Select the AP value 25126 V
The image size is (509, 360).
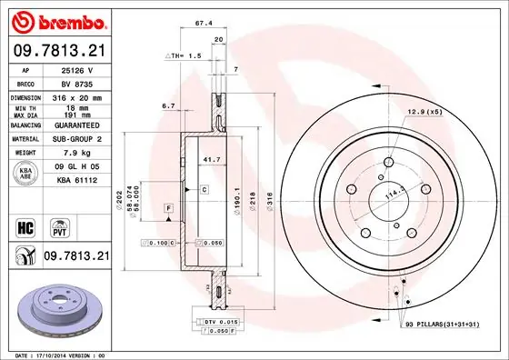(x=76, y=68)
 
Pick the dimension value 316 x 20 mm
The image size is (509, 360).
(x=76, y=95)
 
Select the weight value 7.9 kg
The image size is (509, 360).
(x=76, y=154)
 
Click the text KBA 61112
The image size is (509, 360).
(x=76, y=181)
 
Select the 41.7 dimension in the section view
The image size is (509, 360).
(x=209, y=159)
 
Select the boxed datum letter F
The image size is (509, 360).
(x=168, y=210)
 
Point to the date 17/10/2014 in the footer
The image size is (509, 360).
(x=50, y=354)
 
